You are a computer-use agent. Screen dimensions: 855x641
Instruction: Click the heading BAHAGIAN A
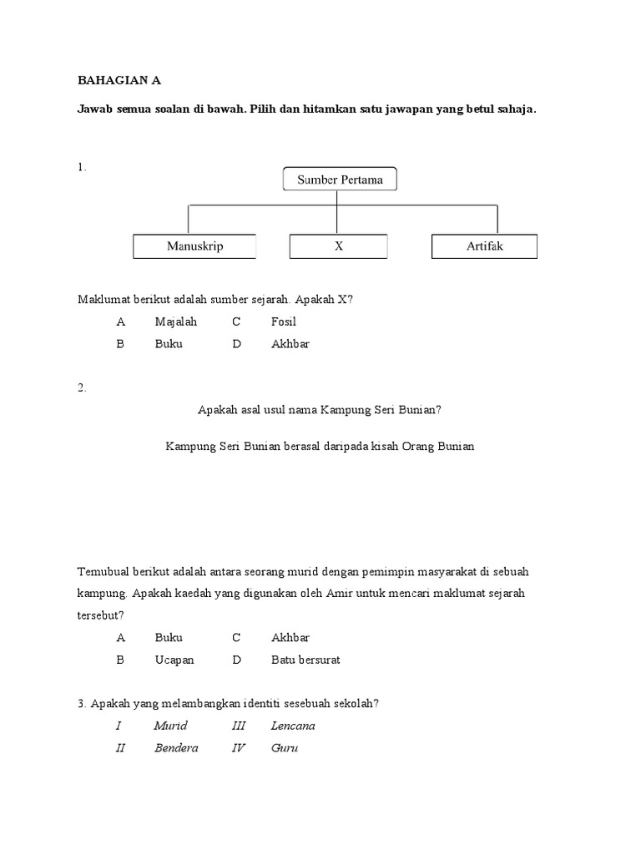click(x=119, y=81)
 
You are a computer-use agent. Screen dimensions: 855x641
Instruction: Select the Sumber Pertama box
click(x=339, y=180)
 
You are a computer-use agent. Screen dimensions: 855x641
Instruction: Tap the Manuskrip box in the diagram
click(x=194, y=246)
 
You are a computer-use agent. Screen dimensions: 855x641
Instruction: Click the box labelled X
click(x=339, y=246)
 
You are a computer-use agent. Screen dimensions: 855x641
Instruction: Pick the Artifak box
click(x=484, y=246)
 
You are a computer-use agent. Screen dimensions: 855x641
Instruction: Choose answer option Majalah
click(x=175, y=321)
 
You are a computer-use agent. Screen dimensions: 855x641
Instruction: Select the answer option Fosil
click(x=284, y=321)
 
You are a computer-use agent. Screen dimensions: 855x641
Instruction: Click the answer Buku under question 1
click(x=169, y=343)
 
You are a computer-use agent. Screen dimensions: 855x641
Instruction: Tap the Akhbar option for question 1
click(x=290, y=343)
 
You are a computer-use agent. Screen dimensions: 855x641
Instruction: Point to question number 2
click(x=82, y=387)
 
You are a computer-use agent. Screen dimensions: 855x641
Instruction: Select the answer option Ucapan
click(x=174, y=660)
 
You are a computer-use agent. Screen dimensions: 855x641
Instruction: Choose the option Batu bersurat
click(x=305, y=660)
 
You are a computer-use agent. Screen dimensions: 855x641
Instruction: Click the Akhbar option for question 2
click(x=290, y=638)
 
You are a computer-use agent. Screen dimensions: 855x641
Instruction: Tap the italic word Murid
click(x=170, y=726)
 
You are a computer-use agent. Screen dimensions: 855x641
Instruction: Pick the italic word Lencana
click(x=293, y=726)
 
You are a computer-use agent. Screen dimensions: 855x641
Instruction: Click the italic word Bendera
click(x=176, y=747)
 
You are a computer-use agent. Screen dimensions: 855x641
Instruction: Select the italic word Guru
click(x=285, y=747)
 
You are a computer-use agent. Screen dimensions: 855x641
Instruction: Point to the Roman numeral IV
click(x=239, y=747)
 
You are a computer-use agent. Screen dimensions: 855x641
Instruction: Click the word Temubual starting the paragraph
click(x=104, y=572)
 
